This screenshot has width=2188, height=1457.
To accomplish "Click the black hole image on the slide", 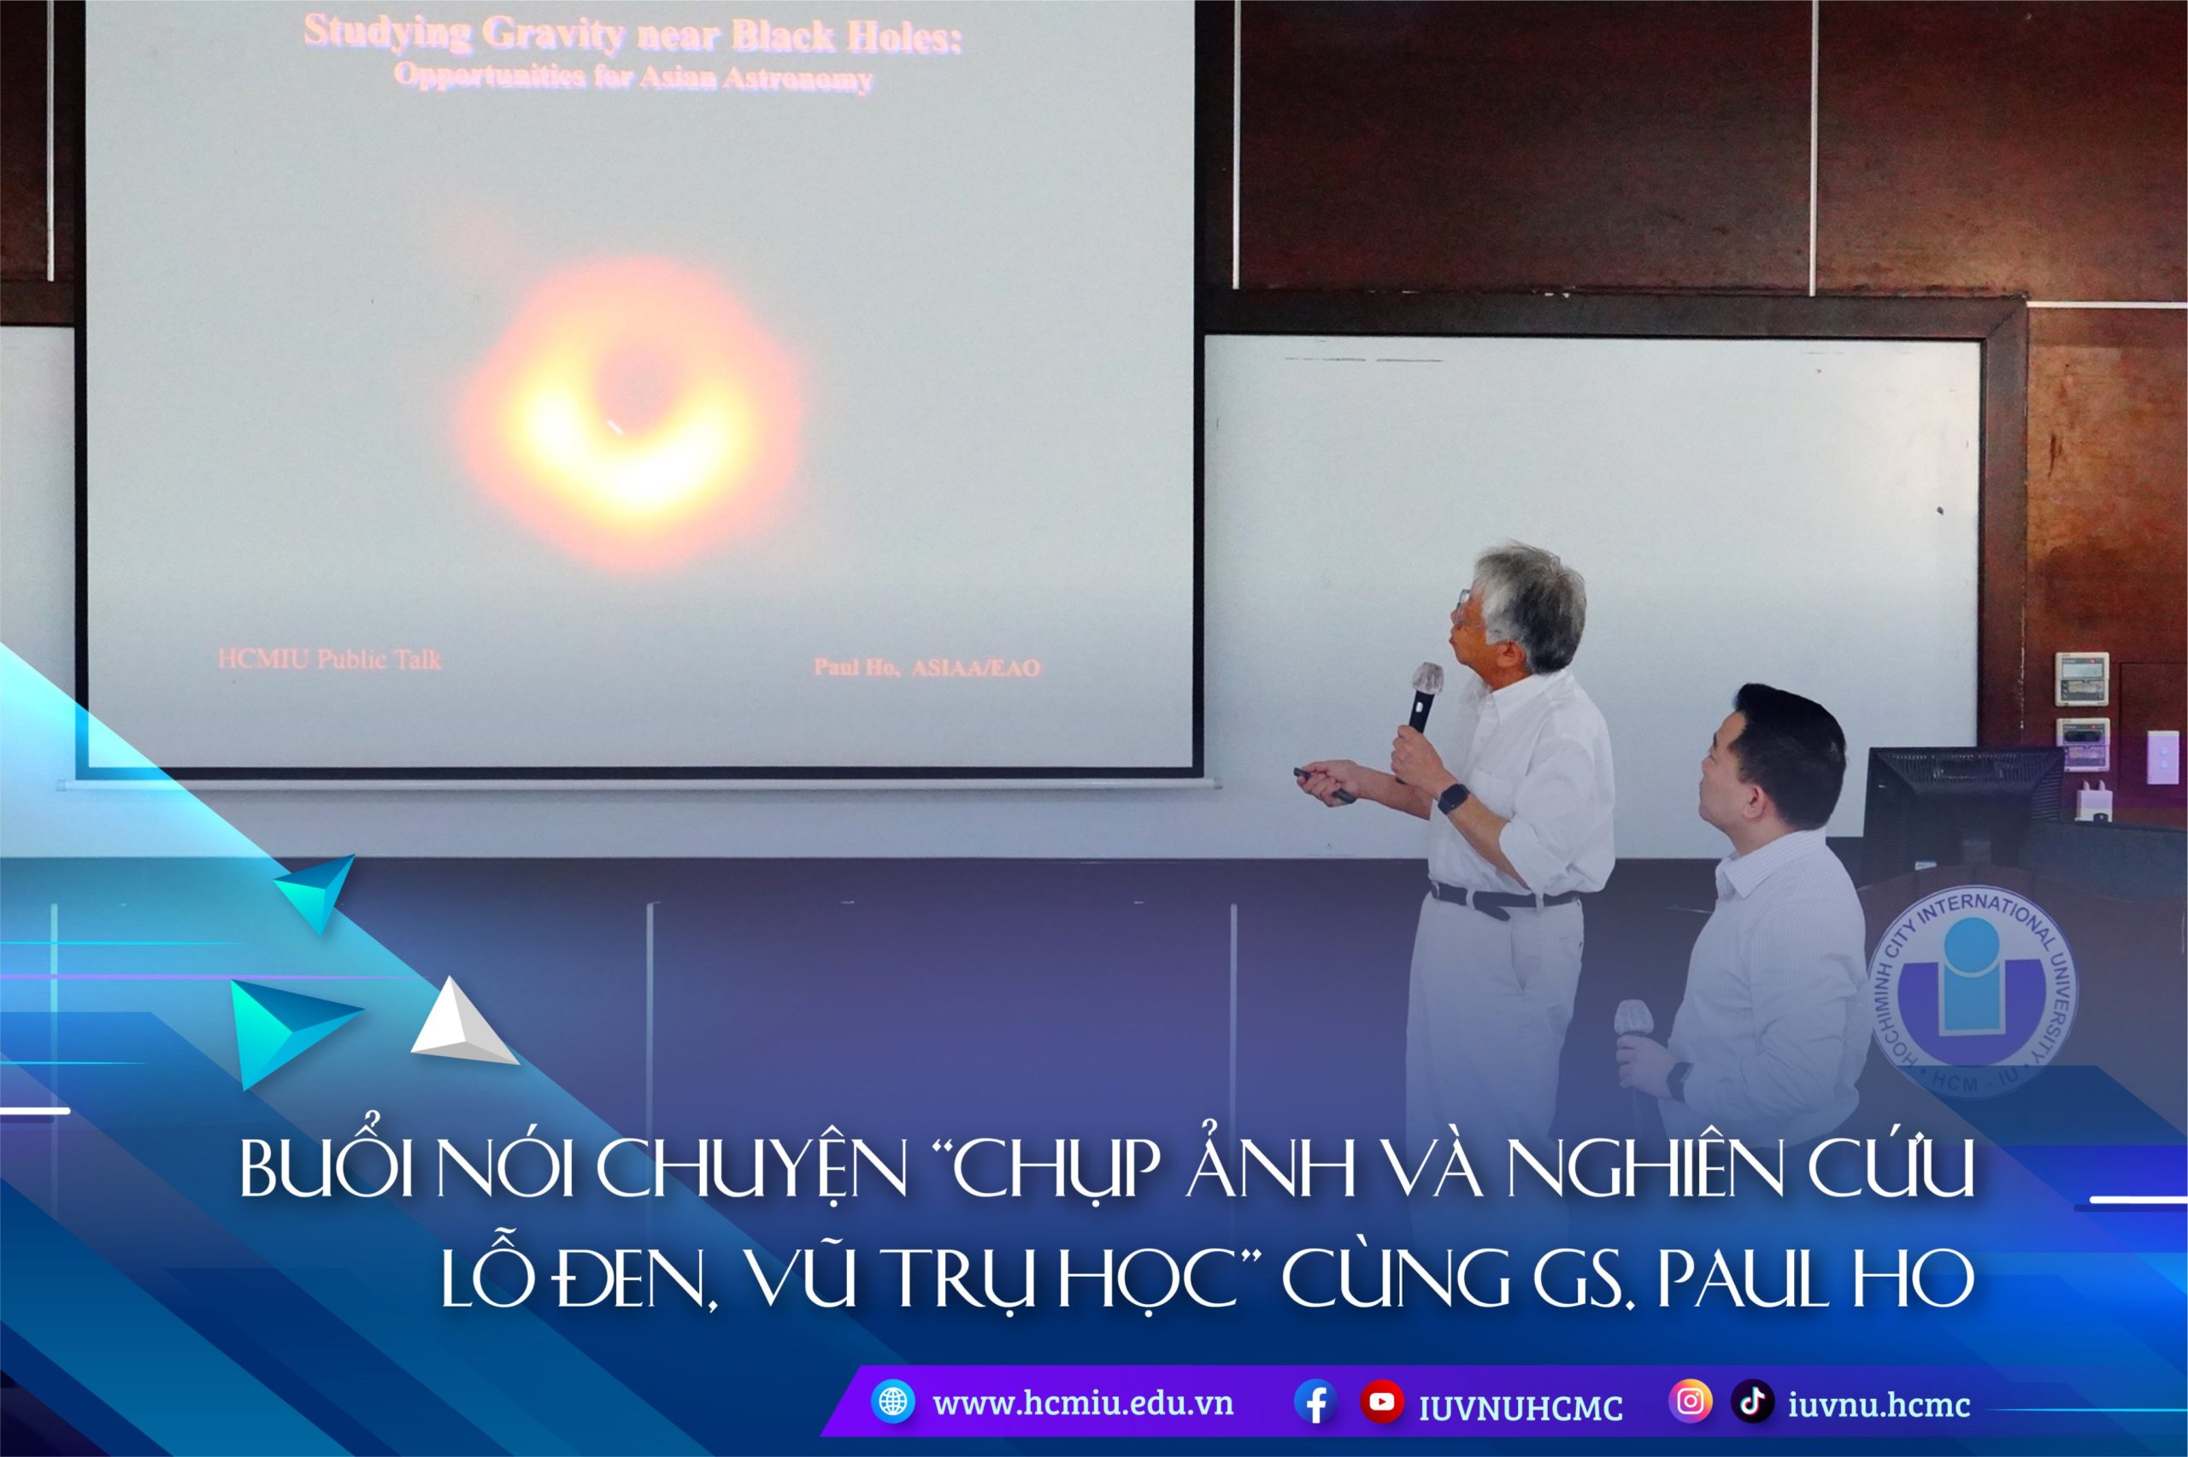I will (632, 414).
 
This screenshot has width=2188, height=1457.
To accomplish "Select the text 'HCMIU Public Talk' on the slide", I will (330, 660).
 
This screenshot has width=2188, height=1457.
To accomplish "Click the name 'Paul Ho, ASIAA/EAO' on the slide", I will (926, 667).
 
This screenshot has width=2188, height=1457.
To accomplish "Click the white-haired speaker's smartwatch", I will (1452, 797).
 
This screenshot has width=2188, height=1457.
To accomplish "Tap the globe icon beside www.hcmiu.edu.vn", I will (893, 1402).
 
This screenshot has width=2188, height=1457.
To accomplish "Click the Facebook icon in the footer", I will (1315, 1402).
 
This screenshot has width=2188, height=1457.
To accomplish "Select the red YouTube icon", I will (1381, 1402).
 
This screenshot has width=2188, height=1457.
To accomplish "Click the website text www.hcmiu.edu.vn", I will (1083, 1403).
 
